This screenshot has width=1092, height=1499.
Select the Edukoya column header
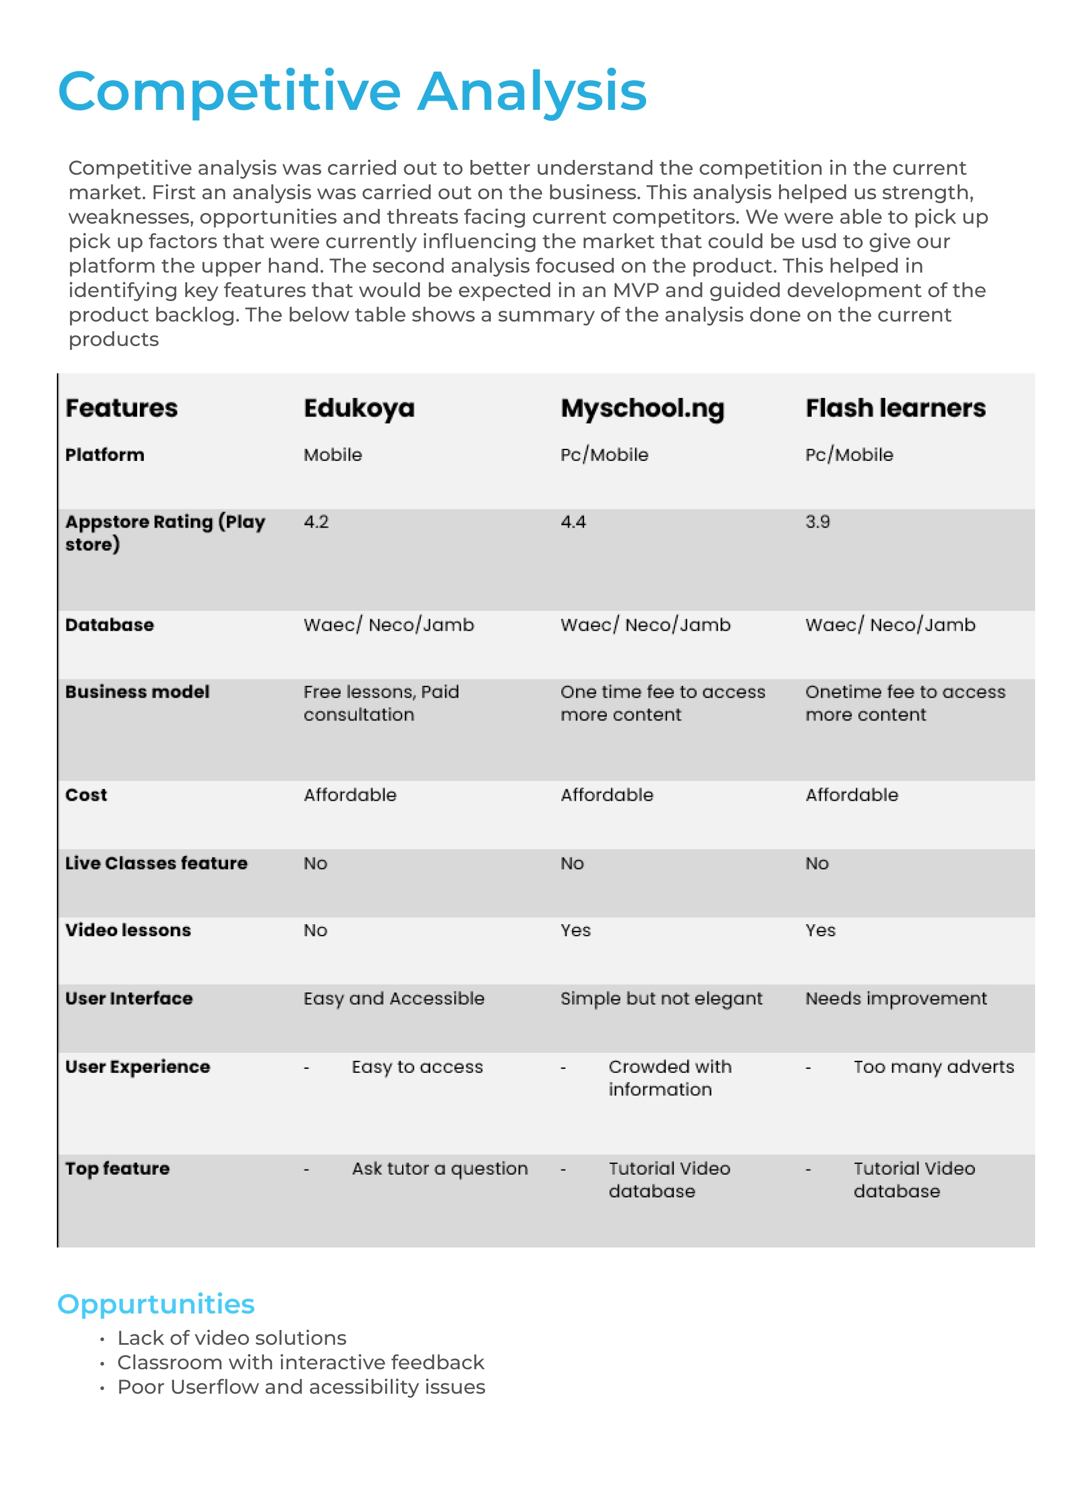pyautogui.click(x=359, y=408)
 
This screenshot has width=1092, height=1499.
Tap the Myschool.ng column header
pyautogui.click(x=642, y=408)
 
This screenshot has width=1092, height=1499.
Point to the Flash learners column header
pyautogui.click(x=895, y=408)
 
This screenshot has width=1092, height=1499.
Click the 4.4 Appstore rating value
pyautogui.click(x=573, y=522)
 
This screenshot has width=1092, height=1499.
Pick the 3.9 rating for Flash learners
pyautogui.click(x=817, y=522)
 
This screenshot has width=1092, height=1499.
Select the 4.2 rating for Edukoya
pyautogui.click(x=316, y=522)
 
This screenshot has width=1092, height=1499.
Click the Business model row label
pyautogui.click(x=137, y=691)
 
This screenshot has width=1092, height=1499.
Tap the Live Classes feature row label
pyautogui.click(x=156, y=863)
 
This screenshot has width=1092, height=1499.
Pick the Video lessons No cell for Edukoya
pyautogui.click(x=315, y=930)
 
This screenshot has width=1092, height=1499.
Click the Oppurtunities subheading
pyautogui.click(x=156, y=1304)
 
